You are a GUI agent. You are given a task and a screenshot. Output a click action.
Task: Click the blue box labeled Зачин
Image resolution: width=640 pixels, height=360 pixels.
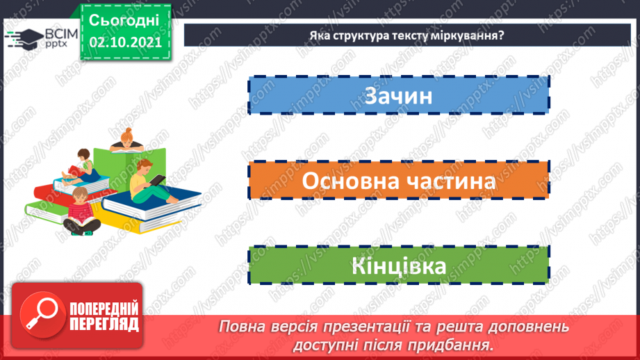click(397, 96)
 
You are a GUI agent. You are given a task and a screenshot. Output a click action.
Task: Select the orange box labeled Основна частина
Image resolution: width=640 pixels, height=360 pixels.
click(397, 181)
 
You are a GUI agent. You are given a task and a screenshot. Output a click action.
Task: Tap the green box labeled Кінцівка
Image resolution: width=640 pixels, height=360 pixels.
click(397, 266)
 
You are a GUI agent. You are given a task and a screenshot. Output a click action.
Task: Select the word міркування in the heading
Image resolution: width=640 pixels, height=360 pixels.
click(470, 35)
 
